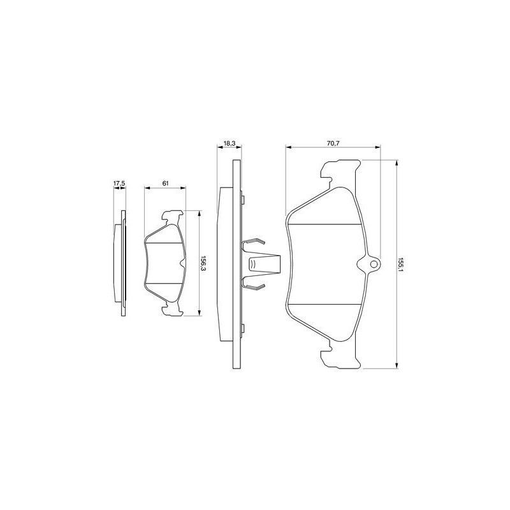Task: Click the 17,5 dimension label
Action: [119, 184]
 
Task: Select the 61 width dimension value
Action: [165, 184]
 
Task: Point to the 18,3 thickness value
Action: [229, 143]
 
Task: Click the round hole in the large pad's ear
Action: [374, 264]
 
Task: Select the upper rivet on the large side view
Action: [243, 199]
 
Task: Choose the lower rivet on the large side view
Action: [243, 328]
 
